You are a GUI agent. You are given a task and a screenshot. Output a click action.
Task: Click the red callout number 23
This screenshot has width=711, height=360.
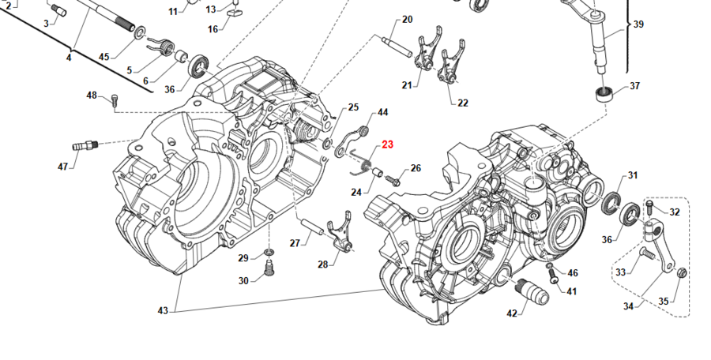point(387,144)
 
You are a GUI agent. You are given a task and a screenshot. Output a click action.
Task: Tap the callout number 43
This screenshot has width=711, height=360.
point(163,311)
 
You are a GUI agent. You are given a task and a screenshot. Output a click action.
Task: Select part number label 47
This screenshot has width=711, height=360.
point(63,166)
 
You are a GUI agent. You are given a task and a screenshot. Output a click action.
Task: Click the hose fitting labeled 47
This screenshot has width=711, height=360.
point(85,145)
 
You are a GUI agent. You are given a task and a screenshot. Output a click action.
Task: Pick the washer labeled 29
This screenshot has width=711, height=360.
point(269,252)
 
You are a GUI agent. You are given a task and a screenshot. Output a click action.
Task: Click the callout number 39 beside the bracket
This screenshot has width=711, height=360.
point(638,24)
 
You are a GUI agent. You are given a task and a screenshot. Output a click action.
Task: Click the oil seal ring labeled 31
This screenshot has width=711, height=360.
point(612,202)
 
